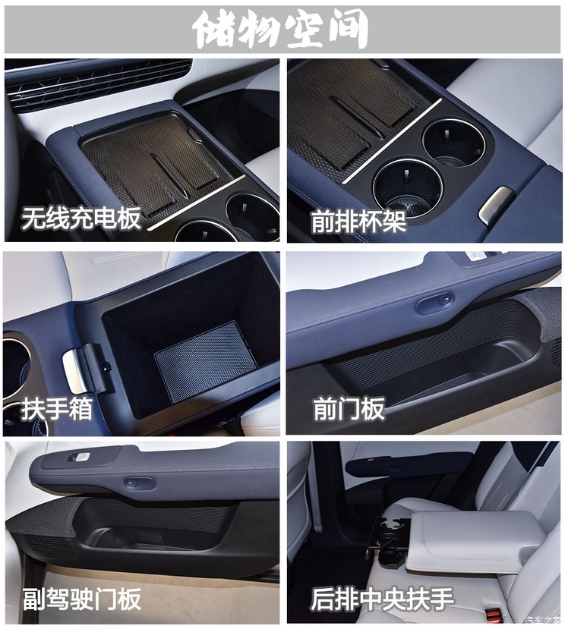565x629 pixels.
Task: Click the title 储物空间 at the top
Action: pyautogui.click(x=282, y=30)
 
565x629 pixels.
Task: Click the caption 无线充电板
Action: pyautogui.click(x=81, y=219)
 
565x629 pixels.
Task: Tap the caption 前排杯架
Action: pyautogui.click(x=358, y=222)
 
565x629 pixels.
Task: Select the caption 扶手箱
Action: pyautogui.click(x=57, y=410)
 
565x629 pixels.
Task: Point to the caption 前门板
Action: pyautogui.click(x=349, y=410)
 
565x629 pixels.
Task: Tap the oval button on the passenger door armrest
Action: pyautogui.click(x=140, y=483)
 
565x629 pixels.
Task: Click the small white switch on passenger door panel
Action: pyautogui.click(x=80, y=457)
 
